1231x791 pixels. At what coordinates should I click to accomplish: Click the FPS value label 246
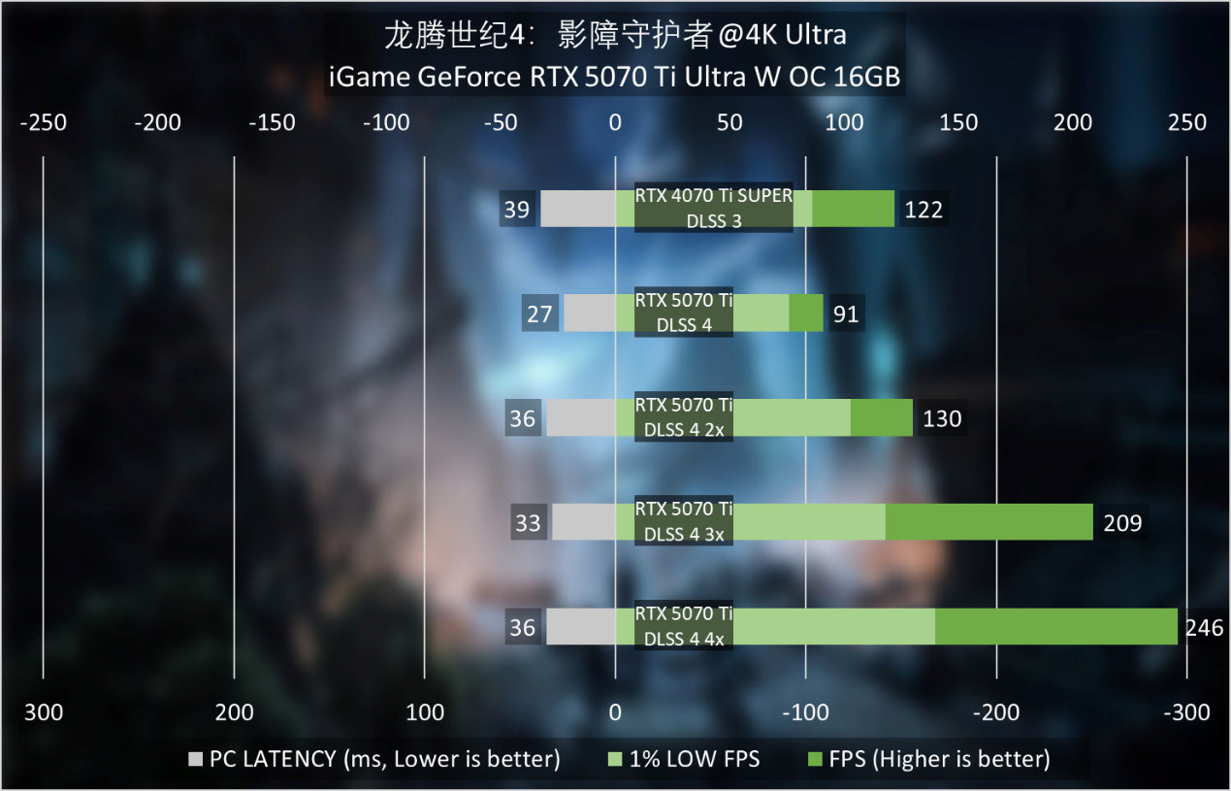click(x=1204, y=628)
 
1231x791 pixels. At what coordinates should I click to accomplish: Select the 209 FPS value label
click(x=1122, y=523)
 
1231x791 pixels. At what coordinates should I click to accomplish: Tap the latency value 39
click(x=517, y=210)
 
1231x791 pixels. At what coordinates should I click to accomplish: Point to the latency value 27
click(x=539, y=314)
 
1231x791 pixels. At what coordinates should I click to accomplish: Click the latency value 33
click(x=528, y=523)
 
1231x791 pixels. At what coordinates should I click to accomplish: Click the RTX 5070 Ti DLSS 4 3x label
click(x=684, y=522)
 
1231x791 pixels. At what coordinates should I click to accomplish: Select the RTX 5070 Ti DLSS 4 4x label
click(x=684, y=627)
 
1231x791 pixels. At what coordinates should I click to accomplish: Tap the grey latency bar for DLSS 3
click(x=577, y=209)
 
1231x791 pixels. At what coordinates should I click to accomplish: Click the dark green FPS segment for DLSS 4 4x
click(x=1055, y=627)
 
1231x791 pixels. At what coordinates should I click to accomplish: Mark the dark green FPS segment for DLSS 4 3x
click(x=988, y=522)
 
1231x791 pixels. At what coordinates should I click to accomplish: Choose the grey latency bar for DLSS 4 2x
click(x=580, y=418)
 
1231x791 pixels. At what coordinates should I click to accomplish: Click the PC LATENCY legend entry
click(x=374, y=759)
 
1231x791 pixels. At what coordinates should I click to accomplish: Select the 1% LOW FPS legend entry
click(x=683, y=759)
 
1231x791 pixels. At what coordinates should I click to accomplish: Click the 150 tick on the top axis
click(x=958, y=122)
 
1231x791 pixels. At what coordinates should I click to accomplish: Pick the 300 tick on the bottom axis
click(x=43, y=713)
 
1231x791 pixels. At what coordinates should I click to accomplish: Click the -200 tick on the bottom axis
click(x=996, y=713)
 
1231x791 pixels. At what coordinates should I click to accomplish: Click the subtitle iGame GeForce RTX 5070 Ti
click(x=615, y=78)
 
